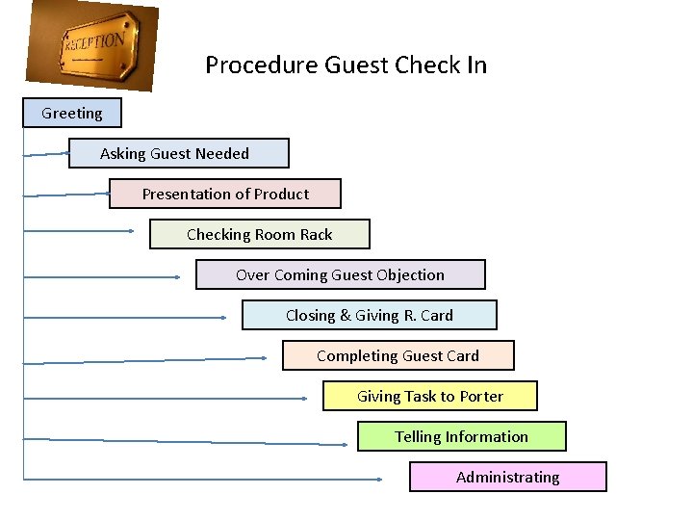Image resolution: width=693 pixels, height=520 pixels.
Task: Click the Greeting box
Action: [x=72, y=113]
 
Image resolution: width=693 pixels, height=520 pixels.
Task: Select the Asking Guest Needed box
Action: [x=178, y=153]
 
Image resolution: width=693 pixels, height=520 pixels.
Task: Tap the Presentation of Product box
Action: [x=224, y=194]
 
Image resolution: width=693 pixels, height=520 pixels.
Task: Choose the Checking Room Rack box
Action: [x=259, y=234]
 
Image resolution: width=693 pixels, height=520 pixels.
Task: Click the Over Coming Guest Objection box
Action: [x=340, y=274]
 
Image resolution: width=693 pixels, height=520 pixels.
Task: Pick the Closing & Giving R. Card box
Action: [x=369, y=315]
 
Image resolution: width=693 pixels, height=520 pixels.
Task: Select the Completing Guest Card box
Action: [x=398, y=355]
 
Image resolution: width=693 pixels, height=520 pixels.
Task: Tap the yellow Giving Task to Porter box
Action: [x=429, y=396]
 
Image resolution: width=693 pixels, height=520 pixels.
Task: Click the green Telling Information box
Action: [x=461, y=436]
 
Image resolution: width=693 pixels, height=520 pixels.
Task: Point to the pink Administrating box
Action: [x=507, y=477]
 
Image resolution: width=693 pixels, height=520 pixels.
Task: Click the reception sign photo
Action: [x=93, y=44]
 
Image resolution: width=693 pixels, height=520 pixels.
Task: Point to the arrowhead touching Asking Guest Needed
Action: [x=65, y=152]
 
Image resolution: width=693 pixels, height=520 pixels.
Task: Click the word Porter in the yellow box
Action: [x=480, y=396]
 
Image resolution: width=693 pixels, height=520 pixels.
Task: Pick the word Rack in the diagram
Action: [x=316, y=234]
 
